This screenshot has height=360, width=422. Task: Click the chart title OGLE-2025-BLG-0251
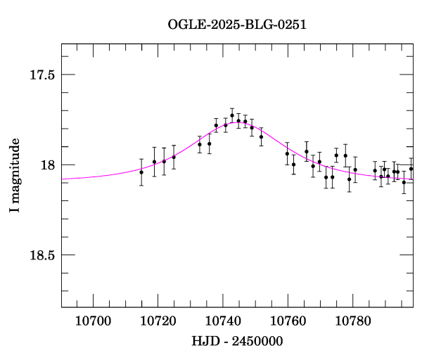[237, 24]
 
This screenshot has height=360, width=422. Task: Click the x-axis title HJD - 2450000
[237, 341]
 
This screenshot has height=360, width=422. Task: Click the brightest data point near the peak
[232, 115]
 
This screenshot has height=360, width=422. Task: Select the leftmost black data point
[141, 172]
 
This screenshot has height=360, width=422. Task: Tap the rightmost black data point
[411, 169]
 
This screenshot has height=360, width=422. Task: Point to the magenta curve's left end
[63, 179]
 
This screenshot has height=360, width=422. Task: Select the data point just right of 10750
[261, 136]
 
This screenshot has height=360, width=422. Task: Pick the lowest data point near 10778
[349, 179]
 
